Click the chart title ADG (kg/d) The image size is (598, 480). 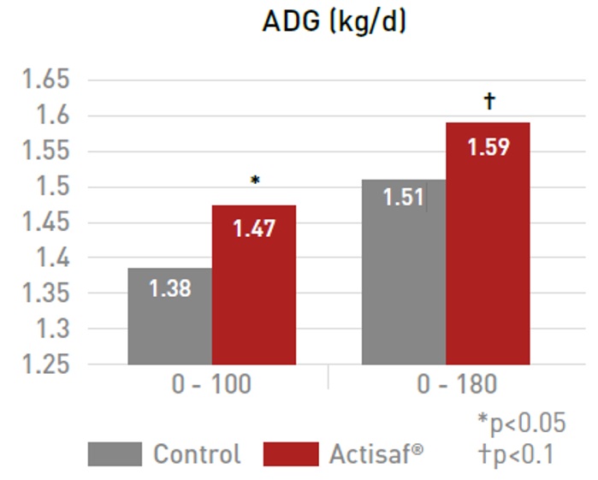334,22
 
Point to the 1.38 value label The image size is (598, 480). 169,288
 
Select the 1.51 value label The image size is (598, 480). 403,198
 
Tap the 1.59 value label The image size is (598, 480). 488,147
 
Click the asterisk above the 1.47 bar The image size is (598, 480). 254,181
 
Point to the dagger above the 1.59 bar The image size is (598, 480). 489,102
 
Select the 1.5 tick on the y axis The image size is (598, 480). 52,187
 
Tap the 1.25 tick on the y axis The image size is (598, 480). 45,364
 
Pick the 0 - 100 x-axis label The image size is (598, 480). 211,385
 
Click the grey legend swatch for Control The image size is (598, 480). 115,453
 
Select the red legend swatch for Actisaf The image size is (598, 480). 290,453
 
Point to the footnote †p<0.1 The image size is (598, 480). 517,453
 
